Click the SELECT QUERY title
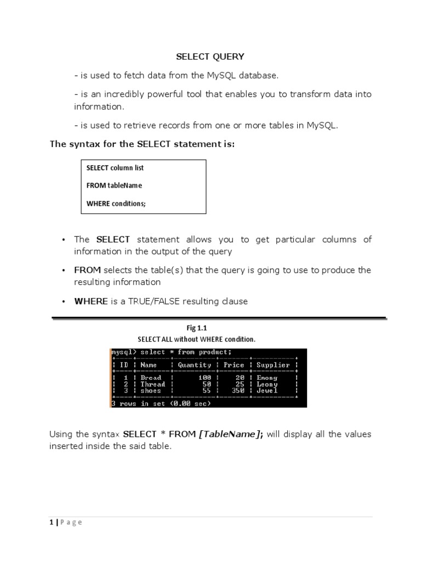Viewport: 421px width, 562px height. coord(210,57)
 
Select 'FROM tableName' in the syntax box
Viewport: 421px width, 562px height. coord(114,186)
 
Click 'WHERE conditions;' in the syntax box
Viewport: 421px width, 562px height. coord(116,204)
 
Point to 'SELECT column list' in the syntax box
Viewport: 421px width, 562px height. coord(115,168)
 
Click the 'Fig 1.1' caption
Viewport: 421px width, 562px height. coord(196,328)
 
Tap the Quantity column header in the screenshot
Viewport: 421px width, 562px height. coord(194,365)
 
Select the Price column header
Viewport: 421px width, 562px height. coord(234,365)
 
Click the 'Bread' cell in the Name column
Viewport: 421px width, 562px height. coord(151,378)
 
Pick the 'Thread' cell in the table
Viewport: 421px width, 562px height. coord(152,384)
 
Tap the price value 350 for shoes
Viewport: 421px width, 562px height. coord(237,391)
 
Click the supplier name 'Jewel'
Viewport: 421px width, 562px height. coord(267,391)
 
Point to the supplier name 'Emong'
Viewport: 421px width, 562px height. coord(267,378)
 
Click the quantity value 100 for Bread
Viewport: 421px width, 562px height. coord(204,378)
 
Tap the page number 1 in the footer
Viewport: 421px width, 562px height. coord(51,522)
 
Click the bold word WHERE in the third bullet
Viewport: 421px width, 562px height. coord(91,301)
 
